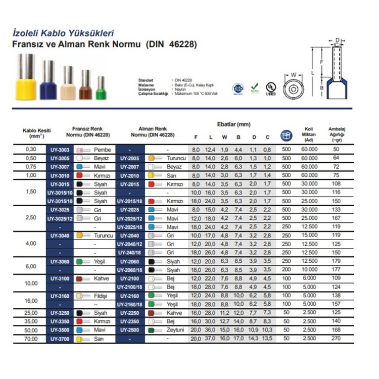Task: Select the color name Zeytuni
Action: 176,330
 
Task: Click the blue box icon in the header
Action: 286,135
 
